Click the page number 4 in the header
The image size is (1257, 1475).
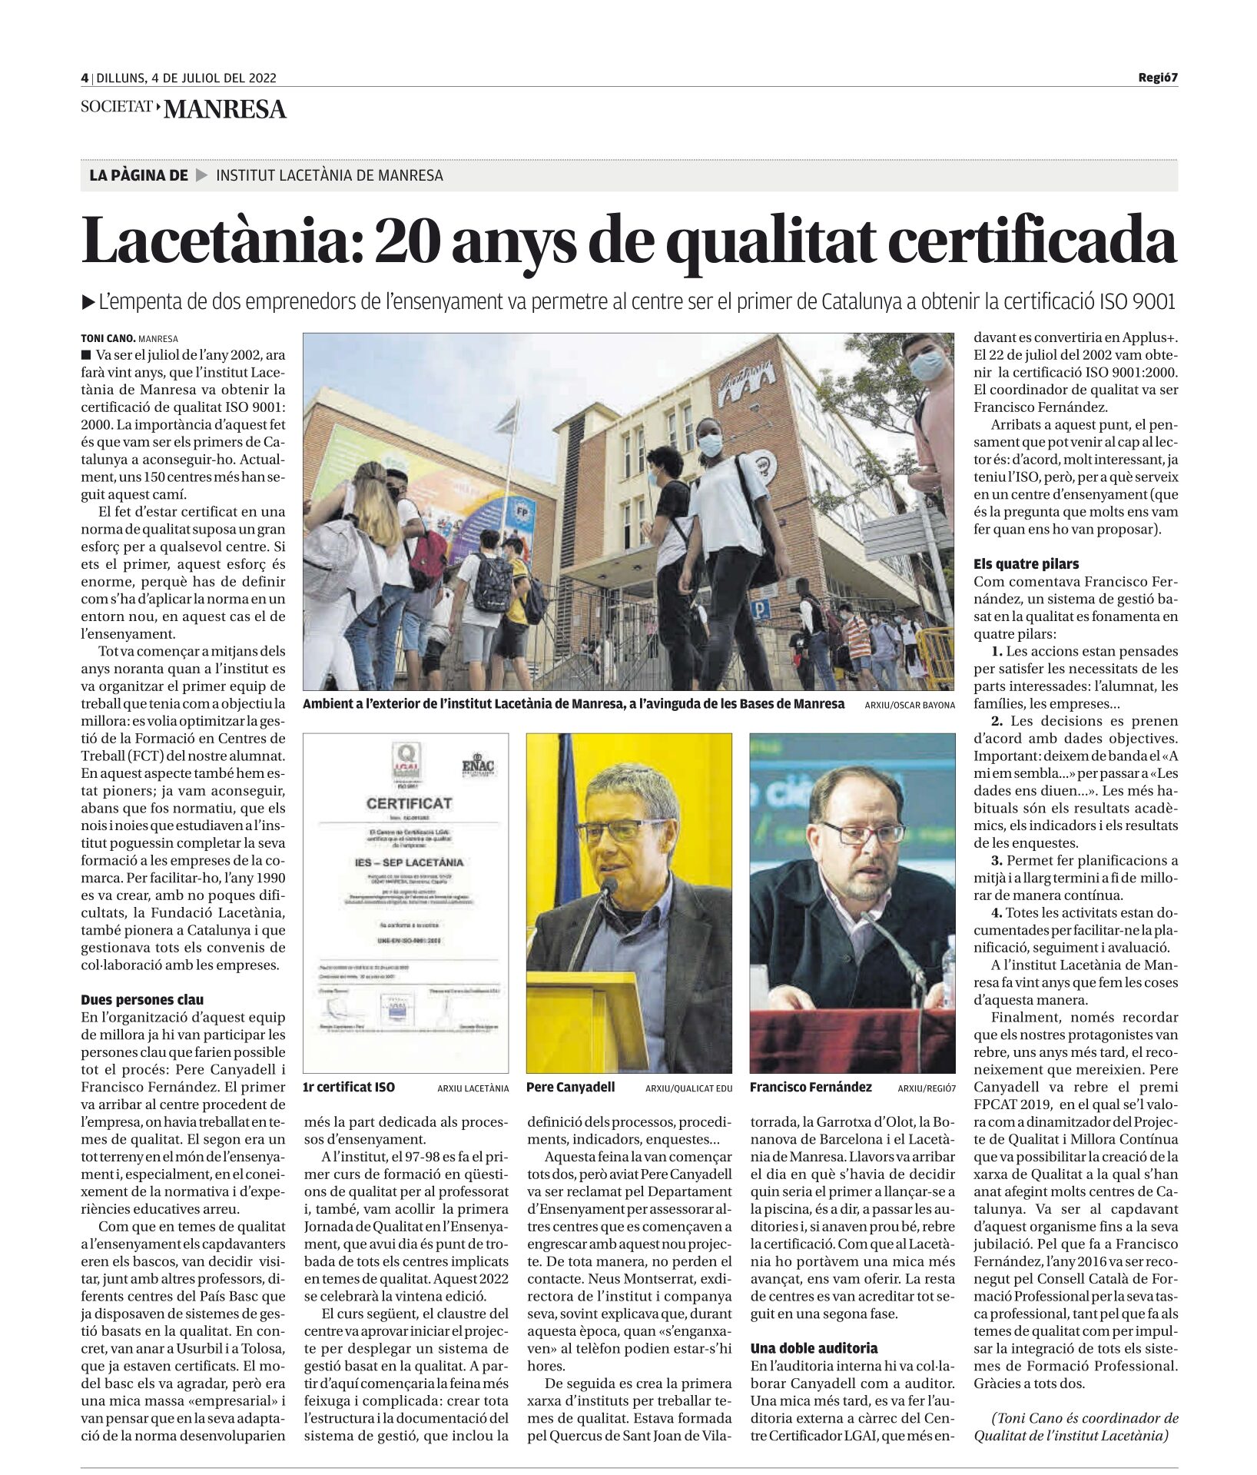tap(85, 78)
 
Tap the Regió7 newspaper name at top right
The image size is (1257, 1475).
tap(1157, 78)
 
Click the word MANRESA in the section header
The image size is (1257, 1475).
tap(225, 110)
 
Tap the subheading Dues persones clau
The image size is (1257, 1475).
tap(142, 1000)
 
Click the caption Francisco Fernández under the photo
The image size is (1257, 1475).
tap(811, 1088)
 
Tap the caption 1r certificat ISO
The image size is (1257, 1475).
tap(350, 1088)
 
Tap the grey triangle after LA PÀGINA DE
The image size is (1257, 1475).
tap(202, 175)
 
